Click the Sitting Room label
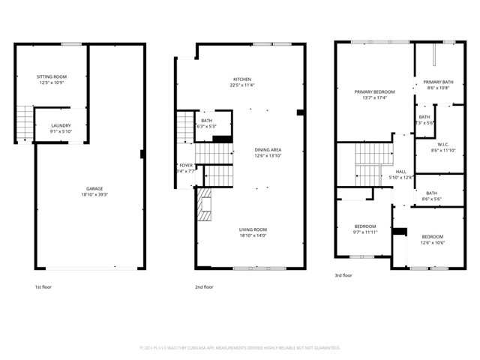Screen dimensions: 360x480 pyautogui.click(x=52, y=76)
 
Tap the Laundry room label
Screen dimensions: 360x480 pyautogui.click(x=61, y=125)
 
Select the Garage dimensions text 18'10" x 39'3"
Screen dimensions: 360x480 pyautogui.click(x=94, y=194)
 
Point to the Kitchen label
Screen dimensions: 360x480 pyautogui.click(x=241, y=79)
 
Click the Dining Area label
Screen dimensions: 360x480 pyautogui.click(x=267, y=149)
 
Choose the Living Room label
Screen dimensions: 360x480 pyautogui.click(x=253, y=229)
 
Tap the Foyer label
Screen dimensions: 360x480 pyautogui.click(x=186, y=166)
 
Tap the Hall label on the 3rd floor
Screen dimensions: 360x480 pyautogui.click(x=400, y=172)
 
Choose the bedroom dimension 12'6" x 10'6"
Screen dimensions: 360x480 pyautogui.click(x=432, y=241)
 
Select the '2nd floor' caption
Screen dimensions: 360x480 pyautogui.click(x=205, y=286)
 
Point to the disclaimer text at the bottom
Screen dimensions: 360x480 pyautogui.click(x=240, y=348)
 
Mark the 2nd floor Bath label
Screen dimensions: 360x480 pyautogui.click(x=206, y=120)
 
